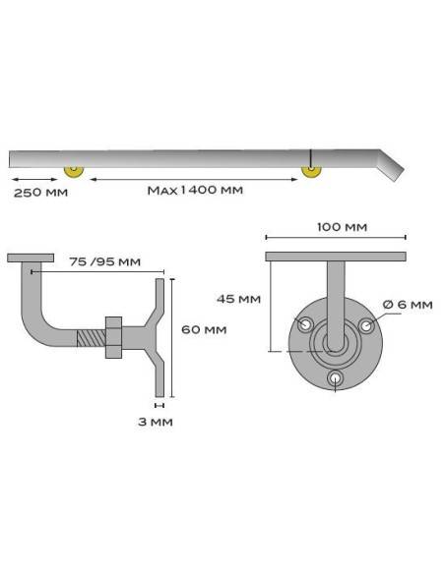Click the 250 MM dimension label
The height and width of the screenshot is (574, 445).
click(x=40, y=193)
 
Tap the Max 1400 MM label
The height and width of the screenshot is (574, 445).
click(x=195, y=191)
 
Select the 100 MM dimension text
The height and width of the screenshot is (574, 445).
click(x=342, y=227)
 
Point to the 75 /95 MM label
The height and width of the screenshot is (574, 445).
click(x=104, y=261)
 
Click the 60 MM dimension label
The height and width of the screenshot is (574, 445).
click(x=204, y=329)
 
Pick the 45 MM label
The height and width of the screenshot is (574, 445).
click(x=238, y=299)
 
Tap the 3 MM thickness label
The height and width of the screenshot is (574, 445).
click(x=156, y=422)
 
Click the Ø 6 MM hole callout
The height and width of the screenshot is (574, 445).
click(x=408, y=305)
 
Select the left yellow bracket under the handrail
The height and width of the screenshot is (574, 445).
click(x=74, y=172)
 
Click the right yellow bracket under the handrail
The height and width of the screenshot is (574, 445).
click(x=311, y=172)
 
